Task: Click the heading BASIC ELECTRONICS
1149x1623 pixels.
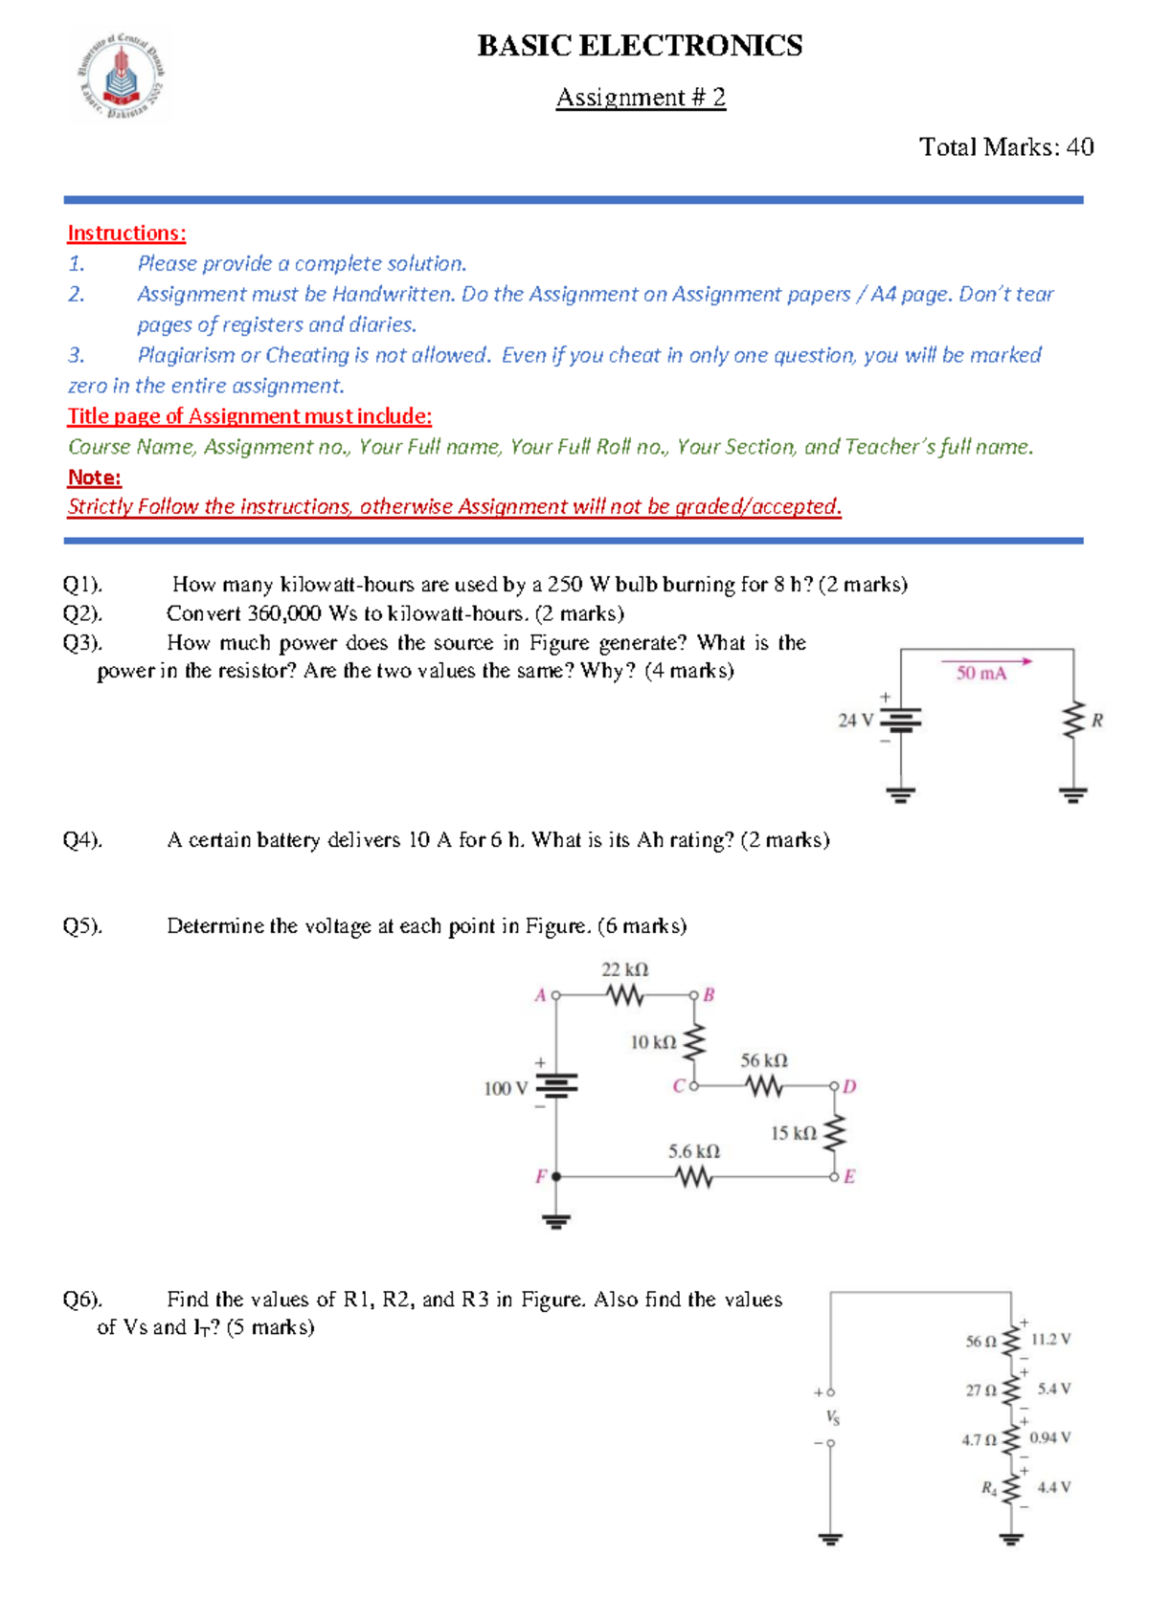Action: click(x=640, y=46)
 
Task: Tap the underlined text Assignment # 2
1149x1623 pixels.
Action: click(x=641, y=98)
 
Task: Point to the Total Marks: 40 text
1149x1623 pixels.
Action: click(x=1005, y=146)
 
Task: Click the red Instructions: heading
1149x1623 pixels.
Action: click(x=126, y=233)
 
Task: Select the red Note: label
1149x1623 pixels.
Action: click(x=94, y=477)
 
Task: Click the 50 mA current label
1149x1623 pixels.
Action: click(x=981, y=674)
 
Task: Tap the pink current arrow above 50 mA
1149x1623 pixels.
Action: click(x=986, y=660)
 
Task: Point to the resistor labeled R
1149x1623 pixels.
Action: click(x=1074, y=721)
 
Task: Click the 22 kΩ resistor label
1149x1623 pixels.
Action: click(x=624, y=969)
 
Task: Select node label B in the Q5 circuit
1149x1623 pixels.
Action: click(x=710, y=995)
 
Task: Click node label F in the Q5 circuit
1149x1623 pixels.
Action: click(x=541, y=1176)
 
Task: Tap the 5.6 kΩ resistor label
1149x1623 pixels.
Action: click(x=694, y=1151)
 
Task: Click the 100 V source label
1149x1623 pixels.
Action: click(x=506, y=1088)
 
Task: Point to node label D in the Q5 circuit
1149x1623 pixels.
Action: click(x=850, y=1087)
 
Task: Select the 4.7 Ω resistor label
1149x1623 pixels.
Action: click(x=979, y=1439)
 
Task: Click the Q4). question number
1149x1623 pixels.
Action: click(x=82, y=840)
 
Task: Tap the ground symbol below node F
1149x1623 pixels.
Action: click(x=556, y=1220)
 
